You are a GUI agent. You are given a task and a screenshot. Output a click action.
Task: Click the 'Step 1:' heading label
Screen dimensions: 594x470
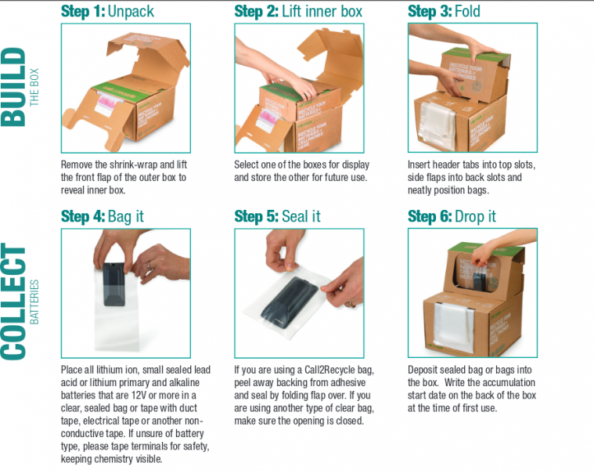click(x=83, y=12)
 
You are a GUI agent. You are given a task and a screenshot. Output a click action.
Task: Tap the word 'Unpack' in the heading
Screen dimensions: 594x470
click(x=131, y=12)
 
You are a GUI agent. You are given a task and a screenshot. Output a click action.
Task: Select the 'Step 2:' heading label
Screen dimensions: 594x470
click(x=257, y=12)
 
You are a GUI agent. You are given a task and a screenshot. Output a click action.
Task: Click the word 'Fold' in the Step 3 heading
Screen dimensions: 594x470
click(x=467, y=12)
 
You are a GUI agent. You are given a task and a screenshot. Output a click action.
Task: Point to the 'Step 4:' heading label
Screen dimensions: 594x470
click(x=83, y=216)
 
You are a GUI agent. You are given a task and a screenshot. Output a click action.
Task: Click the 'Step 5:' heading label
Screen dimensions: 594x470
click(x=257, y=216)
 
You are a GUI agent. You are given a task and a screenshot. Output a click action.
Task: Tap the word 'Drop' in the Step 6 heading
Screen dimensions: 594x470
click(x=469, y=216)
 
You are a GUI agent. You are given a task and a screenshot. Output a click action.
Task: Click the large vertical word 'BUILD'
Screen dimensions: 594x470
click(x=13, y=87)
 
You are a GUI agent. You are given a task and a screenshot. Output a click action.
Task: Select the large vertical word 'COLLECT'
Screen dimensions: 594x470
click(x=13, y=302)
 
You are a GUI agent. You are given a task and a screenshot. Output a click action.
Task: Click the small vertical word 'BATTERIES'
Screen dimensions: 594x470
click(x=34, y=302)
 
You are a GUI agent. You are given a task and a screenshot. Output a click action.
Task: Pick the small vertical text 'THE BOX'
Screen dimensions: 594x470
click(x=34, y=87)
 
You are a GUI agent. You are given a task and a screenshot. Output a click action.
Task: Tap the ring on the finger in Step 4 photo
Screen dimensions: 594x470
click(x=150, y=266)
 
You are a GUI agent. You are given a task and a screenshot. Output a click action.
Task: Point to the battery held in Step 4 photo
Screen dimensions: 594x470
click(x=114, y=284)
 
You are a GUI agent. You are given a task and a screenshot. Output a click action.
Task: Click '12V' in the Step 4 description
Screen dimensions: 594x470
click(x=139, y=396)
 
